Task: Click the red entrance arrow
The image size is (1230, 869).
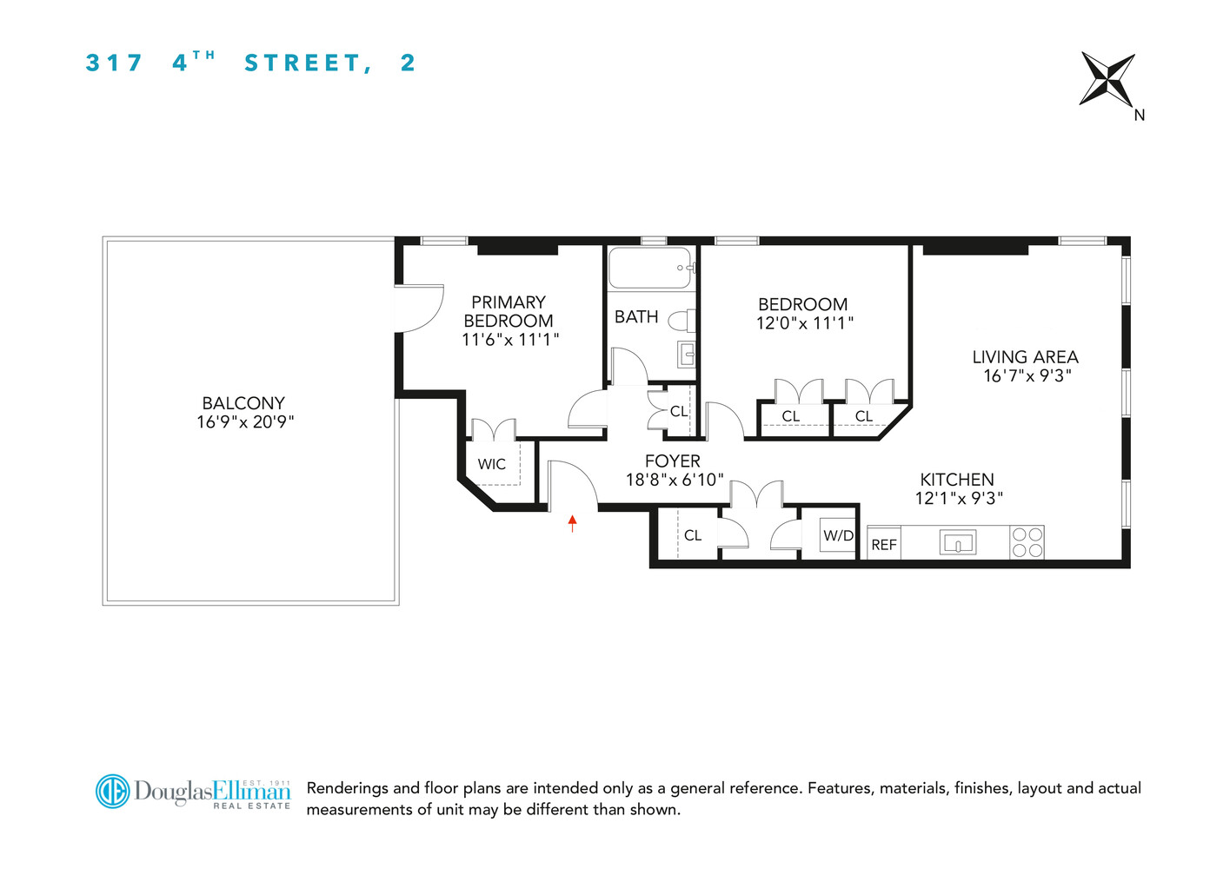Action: (x=572, y=522)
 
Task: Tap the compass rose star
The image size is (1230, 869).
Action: (x=1107, y=79)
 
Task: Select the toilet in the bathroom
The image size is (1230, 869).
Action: (x=683, y=321)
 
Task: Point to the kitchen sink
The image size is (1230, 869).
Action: (x=958, y=543)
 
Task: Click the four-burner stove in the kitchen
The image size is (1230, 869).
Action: (x=1027, y=542)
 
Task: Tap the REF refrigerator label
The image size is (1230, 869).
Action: (x=884, y=545)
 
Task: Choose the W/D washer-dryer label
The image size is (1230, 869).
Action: (x=838, y=535)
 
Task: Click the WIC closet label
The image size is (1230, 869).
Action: (x=491, y=464)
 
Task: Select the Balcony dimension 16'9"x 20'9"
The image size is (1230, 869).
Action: (x=245, y=422)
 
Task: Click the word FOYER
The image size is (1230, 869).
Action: (x=672, y=461)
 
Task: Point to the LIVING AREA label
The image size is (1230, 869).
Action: (x=1025, y=357)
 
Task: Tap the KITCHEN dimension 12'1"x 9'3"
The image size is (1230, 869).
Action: (x=959, y=499)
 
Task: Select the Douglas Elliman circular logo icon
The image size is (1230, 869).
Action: (x=112, y=792)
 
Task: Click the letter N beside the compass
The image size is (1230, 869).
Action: (x=1139, y=115)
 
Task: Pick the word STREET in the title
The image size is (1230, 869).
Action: (x=303, y=63)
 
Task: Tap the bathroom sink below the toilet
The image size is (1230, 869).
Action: (x=686, y=355)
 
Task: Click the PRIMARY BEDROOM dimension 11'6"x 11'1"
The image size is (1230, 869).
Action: (x=509, y=340)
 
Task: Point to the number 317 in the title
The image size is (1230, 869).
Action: (x=114, y=63)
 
